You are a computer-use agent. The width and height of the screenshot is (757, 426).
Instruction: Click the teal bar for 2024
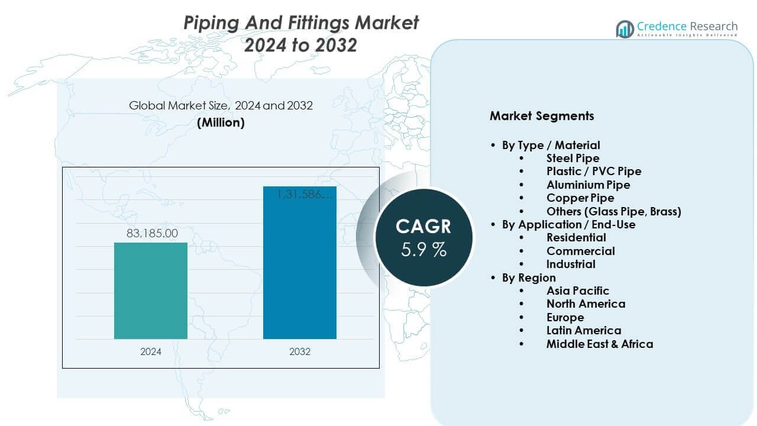(x=151, y=291)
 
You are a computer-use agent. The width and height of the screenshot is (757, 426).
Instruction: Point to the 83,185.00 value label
(x=152, y=234)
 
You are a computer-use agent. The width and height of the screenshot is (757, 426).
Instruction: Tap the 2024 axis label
(x=151, y=351)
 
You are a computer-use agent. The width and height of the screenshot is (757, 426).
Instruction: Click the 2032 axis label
(x=300, y=351)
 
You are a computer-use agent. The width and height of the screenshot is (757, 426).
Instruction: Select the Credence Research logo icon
(x=625, y=28)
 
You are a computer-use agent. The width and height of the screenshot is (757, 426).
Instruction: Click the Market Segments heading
(x=542, y=116)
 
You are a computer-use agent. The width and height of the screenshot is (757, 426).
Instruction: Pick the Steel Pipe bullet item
(x=572, y=158)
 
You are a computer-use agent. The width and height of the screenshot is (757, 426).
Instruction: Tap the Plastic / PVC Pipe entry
(x=594, y=171)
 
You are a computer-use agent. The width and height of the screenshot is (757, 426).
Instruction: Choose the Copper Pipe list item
(x=580, y=198)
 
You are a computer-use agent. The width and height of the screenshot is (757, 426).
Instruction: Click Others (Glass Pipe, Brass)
(x=613, y=211)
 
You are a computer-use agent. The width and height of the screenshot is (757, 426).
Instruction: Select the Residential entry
(x=576, y=237)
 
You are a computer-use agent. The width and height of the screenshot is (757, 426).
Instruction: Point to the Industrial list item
(x=571, y=264)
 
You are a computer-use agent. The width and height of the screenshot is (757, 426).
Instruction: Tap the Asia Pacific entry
(x=577, y=291)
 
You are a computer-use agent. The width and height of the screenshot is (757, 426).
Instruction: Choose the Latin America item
(x=584, y=330)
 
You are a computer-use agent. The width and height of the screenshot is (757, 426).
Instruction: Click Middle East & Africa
(x=600, y=344)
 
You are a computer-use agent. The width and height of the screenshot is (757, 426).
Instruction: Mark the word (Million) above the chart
(x=221, y=122)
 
